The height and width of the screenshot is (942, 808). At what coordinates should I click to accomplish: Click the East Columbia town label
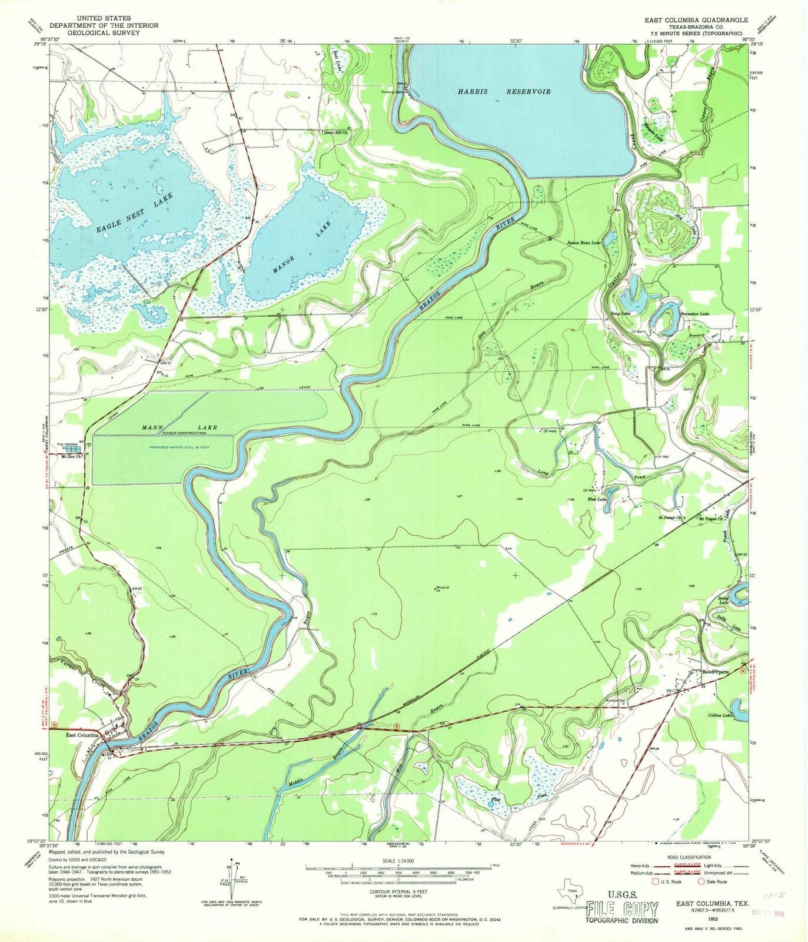coord(82,735)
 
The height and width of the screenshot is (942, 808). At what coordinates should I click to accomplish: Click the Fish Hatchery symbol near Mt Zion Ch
coord(73,449)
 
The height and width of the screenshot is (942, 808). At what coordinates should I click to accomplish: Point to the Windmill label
coord(443,588)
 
